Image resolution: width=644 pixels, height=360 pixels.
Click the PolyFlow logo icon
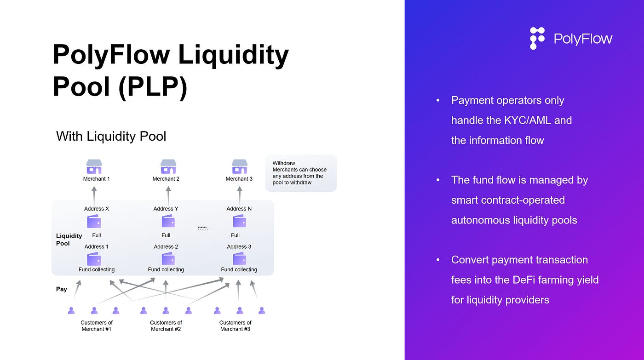[537, 38]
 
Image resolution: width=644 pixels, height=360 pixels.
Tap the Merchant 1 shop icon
[94, 166]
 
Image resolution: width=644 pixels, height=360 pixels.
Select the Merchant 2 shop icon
[168, 166]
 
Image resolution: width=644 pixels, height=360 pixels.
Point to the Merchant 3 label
[239, 179]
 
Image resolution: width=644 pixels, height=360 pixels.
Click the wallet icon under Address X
[94, 222]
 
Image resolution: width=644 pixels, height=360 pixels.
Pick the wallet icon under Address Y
[168, 221]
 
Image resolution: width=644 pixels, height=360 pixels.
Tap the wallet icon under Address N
[240, 221]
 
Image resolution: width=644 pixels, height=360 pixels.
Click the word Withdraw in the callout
[284, 163]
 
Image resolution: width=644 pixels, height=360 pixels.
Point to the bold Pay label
[62, 289]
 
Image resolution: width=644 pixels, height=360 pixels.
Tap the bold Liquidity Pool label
[69, 240]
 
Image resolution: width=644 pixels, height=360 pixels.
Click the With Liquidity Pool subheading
[111, 136]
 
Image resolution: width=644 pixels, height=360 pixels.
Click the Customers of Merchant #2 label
[166, 326]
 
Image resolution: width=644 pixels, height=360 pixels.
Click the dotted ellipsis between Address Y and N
[203, 228]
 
